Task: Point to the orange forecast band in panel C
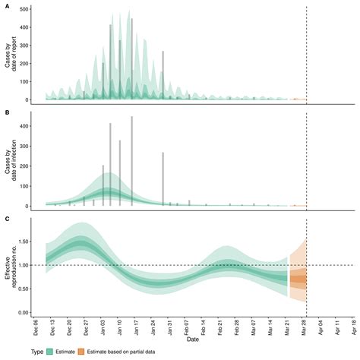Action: coord(298,279)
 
